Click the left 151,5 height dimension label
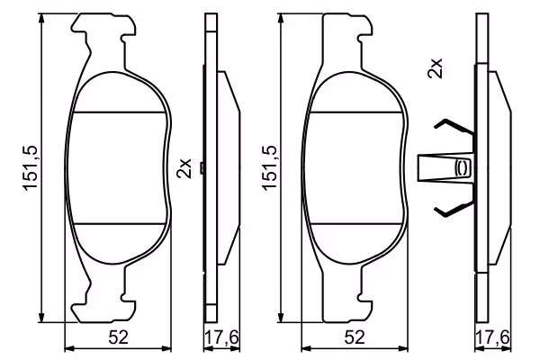pos(30,167)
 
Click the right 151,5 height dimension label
pos(270,167)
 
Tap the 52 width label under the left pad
pos(118,337)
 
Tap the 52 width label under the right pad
pos(355,337)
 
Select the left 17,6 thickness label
pos(221,337)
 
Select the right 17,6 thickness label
pos(492,337)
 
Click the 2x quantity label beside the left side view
pos(184,168)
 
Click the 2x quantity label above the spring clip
pos(435,68)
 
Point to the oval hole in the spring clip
pos(461,167)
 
